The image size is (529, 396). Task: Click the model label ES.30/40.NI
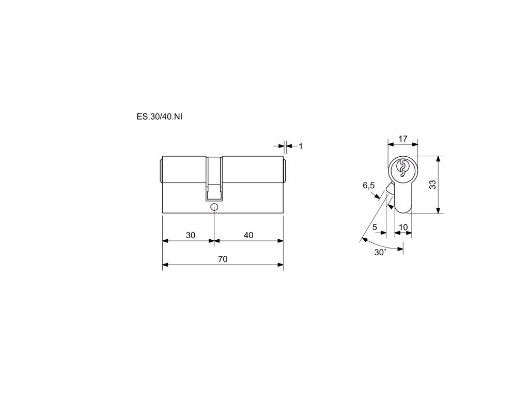[159, 117]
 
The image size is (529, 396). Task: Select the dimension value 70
[223, 259]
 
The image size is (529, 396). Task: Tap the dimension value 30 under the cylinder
[191, 235]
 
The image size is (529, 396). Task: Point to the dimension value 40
[248, 235]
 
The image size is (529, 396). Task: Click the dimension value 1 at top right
[301, 146]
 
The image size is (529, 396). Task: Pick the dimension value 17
[403, 138]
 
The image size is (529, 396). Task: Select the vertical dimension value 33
[432, 185]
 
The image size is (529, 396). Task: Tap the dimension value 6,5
[368, 185]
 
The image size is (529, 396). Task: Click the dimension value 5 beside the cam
[375, 227]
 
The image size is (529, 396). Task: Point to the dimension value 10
[403, 227]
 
